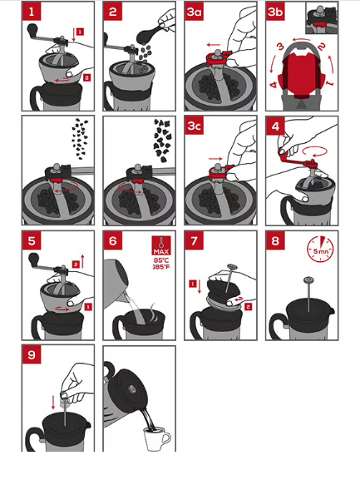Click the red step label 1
(32, 12)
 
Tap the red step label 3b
(275, 12)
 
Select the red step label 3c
(195, 126)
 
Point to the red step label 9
(32, 354)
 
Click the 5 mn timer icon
(320, 249)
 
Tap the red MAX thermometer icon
(161, 245)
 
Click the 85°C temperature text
(161, 260)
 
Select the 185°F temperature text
(161, 267)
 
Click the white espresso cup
(157, 438)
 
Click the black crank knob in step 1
(32, 30)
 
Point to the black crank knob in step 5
(33, 260)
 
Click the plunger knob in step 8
(308, 280)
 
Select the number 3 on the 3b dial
(280, 47)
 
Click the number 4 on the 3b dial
(274, 84)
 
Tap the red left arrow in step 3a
(213, 45)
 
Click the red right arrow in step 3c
(215, 159)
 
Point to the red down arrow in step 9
(53, 403)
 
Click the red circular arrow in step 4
(315, 151)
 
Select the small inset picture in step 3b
(322, 18)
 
